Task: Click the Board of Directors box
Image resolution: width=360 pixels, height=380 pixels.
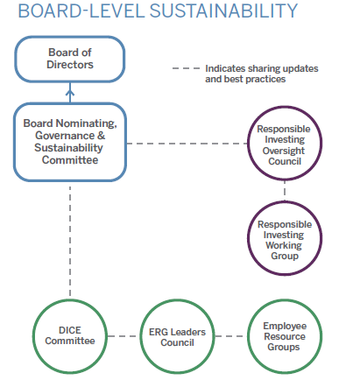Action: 70,37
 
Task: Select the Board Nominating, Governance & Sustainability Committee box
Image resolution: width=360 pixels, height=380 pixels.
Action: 70,103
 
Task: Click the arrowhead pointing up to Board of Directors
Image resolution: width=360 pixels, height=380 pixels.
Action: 70,92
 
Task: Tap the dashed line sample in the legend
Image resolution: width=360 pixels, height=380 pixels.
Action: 186,68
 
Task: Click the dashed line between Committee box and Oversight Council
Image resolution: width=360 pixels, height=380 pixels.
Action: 187,144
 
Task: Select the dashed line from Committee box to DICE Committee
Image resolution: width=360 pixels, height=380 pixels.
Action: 70,241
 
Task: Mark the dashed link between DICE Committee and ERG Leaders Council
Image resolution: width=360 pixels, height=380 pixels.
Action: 124,336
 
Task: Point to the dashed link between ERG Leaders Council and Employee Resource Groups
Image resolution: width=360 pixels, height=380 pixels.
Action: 231,336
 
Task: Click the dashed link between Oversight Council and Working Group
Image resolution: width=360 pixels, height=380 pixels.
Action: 285,191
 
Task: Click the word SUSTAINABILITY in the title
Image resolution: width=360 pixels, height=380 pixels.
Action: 223,11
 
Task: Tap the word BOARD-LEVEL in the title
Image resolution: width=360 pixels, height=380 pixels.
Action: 81,11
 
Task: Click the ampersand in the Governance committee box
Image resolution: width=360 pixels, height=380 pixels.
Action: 101,136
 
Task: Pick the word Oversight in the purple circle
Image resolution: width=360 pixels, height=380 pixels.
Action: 284,151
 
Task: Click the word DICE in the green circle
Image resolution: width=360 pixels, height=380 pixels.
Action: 70,330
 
